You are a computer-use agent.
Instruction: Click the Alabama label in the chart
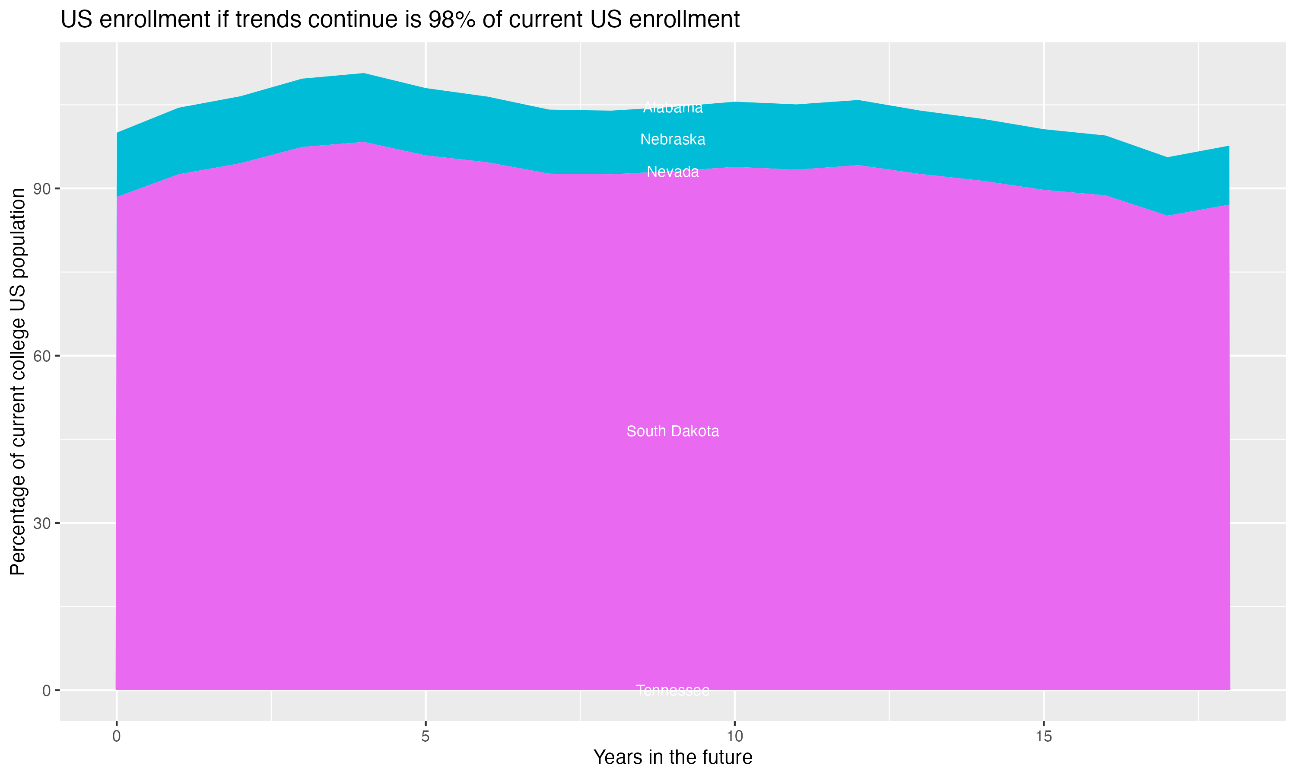point(673,108)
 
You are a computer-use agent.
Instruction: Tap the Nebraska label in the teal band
point(673,140)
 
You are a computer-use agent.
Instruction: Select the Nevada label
point(673,172)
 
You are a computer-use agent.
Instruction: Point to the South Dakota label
point(673,431)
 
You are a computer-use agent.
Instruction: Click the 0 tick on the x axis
point(116,737)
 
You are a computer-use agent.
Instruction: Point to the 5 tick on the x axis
point(426,737)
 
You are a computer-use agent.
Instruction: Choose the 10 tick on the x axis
point(735,737)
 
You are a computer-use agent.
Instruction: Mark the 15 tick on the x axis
point(1044,737)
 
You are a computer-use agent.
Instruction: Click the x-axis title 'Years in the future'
point(673,758)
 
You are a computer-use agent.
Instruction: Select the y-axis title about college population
point(18,382)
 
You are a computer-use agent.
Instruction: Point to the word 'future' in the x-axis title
point(725,758)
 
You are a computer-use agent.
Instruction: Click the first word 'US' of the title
point(76,20)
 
